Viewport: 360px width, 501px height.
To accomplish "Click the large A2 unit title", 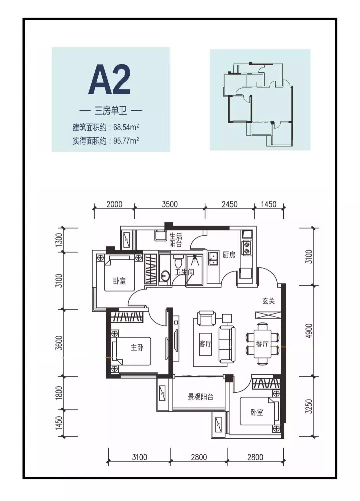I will (110, 80).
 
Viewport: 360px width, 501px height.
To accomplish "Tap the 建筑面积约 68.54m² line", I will (106, 127).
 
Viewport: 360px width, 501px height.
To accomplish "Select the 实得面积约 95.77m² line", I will (106, 141).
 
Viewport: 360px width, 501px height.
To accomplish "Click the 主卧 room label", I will (137, 347).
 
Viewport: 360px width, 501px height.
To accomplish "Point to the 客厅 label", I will (205, 344).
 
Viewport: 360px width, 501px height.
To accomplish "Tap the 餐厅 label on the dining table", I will (262, 344).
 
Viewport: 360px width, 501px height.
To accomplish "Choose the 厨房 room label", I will (229, 255).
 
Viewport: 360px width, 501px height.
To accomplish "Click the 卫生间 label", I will (184, 272).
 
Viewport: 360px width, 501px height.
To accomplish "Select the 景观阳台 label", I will (200, 397).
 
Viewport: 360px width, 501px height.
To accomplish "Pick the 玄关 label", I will (268, 301).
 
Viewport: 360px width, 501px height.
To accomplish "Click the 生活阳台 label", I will (176, 240).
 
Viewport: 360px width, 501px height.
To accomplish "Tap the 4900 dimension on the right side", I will (310, 330).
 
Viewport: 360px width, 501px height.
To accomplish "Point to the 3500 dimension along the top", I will (170, 204).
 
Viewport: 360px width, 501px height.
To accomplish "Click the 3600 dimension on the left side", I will (59, 342).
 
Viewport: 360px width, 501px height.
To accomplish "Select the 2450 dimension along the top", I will (229, 204).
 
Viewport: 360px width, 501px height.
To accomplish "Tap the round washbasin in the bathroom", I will (165, 275).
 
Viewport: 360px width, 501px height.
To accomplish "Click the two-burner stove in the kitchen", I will (247, 248).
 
